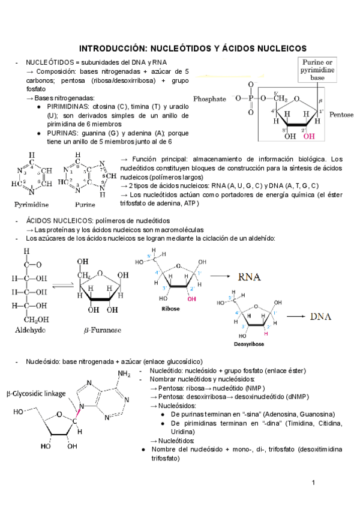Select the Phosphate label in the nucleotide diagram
pyautogui.click(x=209, y=98)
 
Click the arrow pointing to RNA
pyautogui.click(x=221, y=277)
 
